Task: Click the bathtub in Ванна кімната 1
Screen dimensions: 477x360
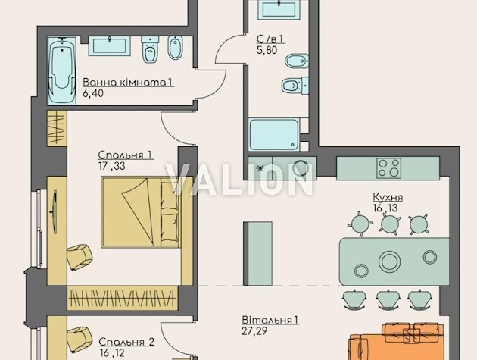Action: point(62,70)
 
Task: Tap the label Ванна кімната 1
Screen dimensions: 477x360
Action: point(128,83)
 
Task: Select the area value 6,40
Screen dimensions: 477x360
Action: point(93,93)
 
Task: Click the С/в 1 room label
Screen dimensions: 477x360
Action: point(270,39)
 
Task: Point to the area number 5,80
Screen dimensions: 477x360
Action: point(267,50)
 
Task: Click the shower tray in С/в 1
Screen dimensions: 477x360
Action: point(274,135)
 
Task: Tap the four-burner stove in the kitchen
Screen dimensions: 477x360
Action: point(388,167)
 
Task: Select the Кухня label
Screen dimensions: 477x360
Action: point(388,197)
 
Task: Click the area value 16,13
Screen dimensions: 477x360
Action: point(385,208)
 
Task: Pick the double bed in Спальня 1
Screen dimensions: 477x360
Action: point(142,212)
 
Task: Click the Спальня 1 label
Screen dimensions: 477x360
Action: point(126,155)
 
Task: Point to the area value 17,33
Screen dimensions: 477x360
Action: point(111,166)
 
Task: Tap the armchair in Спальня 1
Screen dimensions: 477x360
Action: point(79,257)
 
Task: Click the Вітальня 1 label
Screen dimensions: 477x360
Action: point(270,320)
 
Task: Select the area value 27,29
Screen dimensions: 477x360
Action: point(255,331)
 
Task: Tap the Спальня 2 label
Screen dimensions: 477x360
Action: point(126,342)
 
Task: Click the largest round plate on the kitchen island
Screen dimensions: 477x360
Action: point(389,261)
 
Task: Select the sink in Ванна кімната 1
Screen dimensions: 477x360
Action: point(110,45)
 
